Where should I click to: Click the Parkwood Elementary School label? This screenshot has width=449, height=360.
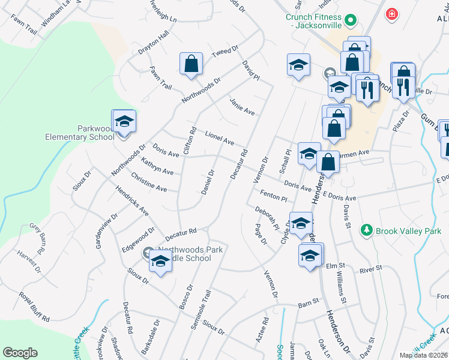click(x=80, y=133)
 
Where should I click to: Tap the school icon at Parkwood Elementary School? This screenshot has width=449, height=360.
click(x=125, y=122)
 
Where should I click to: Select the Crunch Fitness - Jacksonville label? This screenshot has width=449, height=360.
click(x=313, y=22)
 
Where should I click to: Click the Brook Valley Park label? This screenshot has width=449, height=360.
click(x=409, y=230)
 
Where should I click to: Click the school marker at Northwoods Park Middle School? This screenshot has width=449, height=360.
click(x=160, y=261)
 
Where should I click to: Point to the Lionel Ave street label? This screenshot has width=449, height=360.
click(x=219, y=138)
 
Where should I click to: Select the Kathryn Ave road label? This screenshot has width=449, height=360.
click(x=157, y=167)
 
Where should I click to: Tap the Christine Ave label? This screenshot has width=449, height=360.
click(x=149, y=184)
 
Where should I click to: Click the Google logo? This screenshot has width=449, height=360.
click(x=20, y=353)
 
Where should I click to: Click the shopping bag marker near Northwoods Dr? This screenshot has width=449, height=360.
click(x=191, y=64)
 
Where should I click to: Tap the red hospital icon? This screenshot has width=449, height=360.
click(x=392, y=13)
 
